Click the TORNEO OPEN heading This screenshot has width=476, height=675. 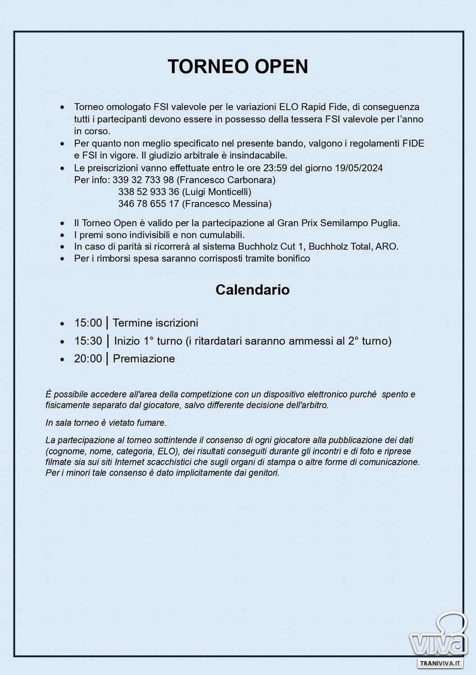click(x=238, y=66)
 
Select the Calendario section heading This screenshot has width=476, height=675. click(x=252, y=290)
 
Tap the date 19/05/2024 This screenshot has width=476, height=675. click(x=359, y=168)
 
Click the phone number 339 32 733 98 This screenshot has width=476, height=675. click(x=143, y=180)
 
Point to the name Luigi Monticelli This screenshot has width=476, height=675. click(x=216, y=192)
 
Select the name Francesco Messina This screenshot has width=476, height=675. click(x=227, y=204)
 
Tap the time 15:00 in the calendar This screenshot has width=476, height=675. click(x=88, y=323)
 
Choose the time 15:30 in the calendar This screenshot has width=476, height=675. click(x=88, y=341)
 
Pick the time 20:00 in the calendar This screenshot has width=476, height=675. click(x=88, y=359)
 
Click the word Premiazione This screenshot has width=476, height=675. click(x=144, y=359)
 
